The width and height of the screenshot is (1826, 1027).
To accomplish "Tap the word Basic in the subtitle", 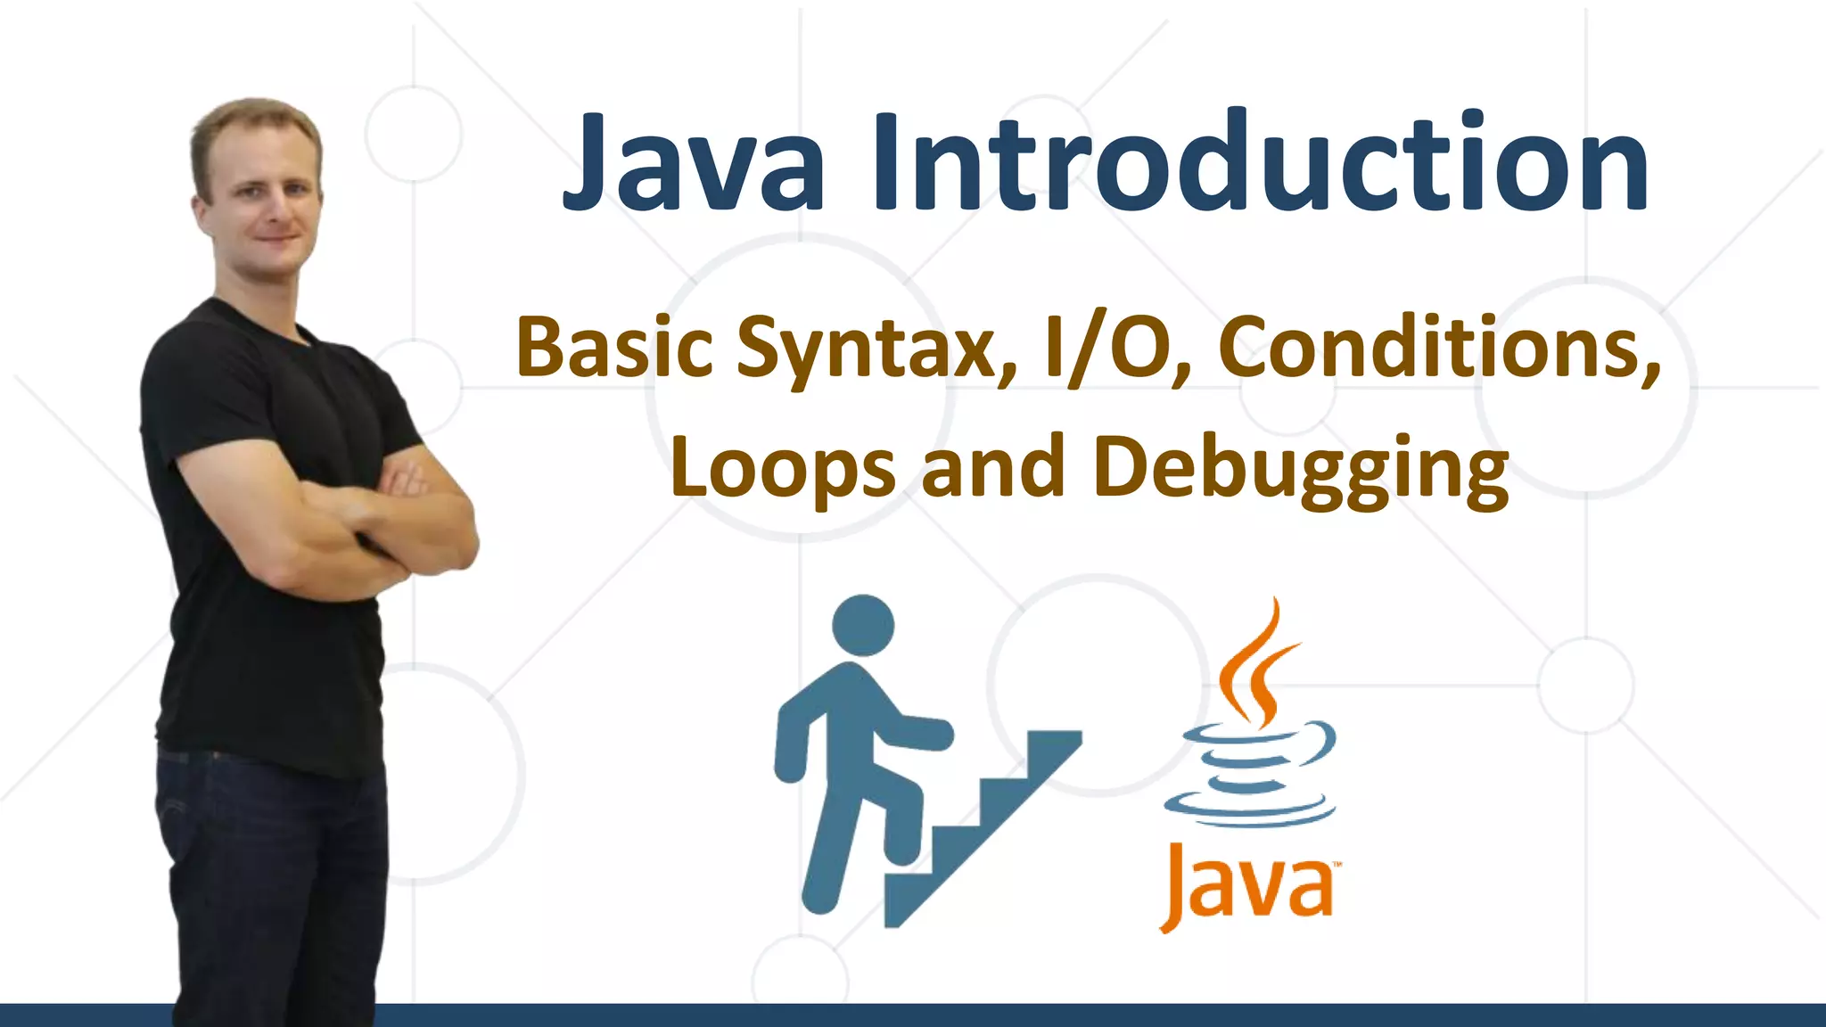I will (614, 348).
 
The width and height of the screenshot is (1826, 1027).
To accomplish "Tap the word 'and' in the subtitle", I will (993, 467).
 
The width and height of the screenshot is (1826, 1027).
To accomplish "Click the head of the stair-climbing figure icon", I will (862, 625).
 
